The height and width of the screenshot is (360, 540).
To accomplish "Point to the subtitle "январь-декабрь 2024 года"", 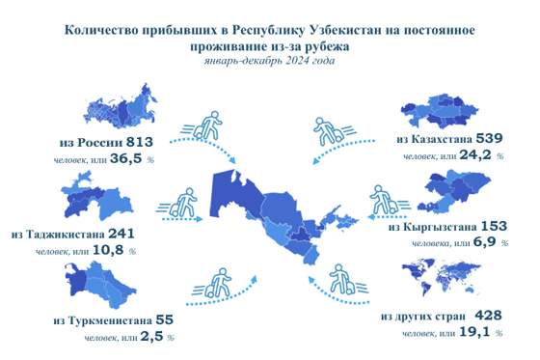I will [269, 62].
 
